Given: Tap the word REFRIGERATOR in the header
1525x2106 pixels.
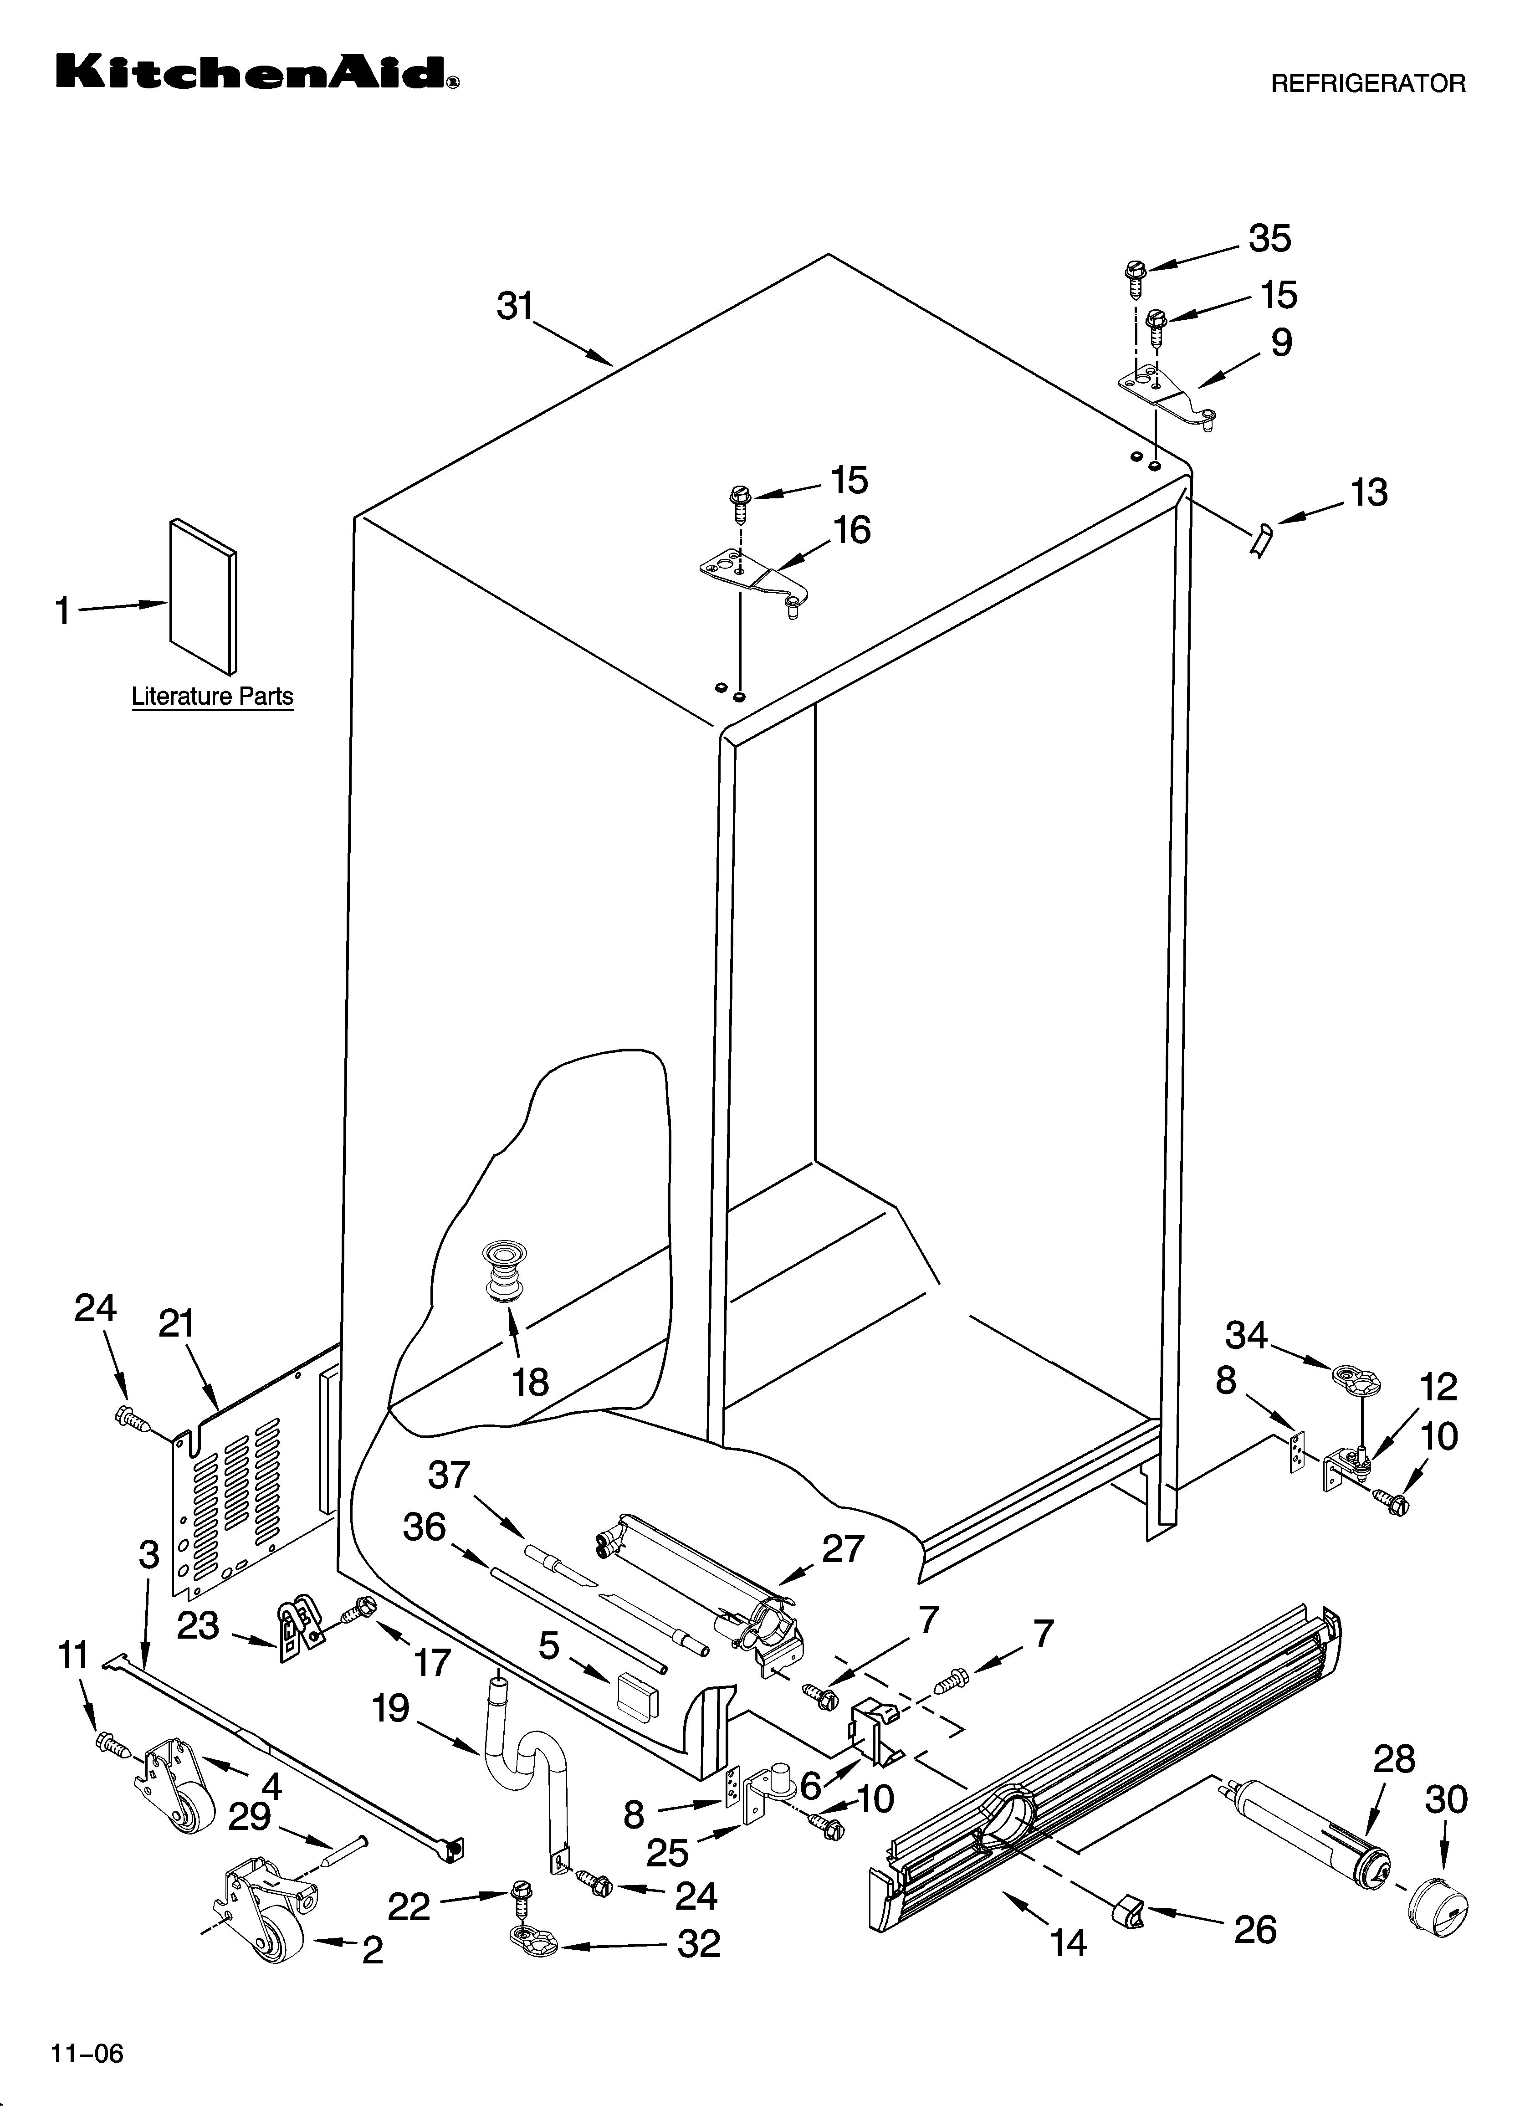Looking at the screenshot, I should point(1367,83).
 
